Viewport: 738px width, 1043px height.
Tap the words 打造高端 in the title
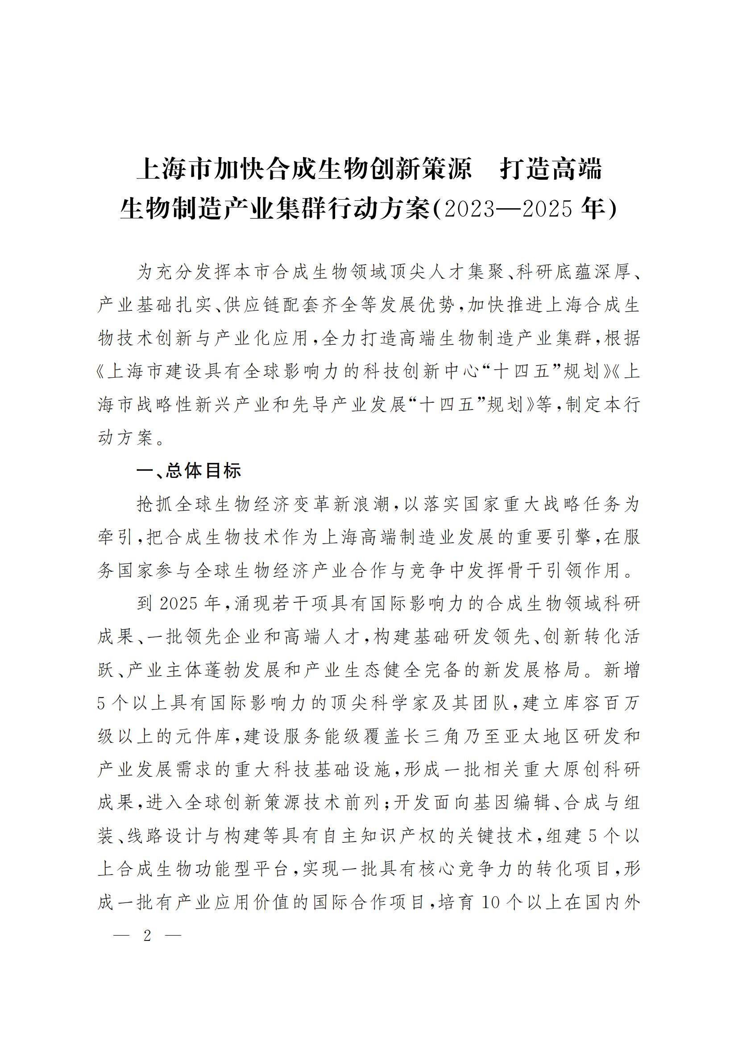(551, 169)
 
